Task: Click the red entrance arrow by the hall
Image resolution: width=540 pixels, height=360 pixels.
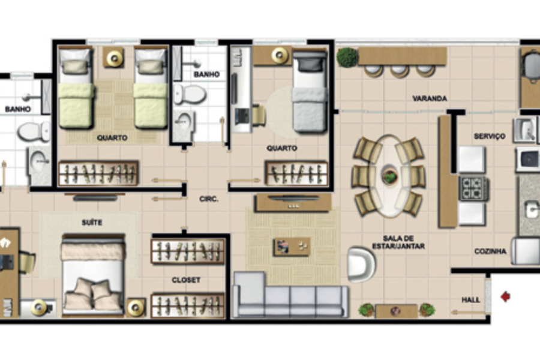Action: pos(506,296)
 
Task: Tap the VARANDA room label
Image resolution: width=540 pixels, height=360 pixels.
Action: pos(430,98)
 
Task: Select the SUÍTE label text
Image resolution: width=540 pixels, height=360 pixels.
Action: pos(92,223)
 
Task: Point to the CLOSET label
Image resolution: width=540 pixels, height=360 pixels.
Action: pos(186,280)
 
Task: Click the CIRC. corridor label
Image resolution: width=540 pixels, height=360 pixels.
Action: pos(209,199)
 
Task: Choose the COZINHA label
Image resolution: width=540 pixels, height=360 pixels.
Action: pos(490,251)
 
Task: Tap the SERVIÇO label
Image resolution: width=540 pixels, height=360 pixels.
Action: pos(490,136)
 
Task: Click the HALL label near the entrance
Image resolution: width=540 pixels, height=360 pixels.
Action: pos(471,300)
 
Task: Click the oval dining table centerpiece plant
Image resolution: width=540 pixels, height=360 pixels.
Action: pos(389,176)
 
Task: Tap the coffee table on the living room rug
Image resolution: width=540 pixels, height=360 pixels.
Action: pos(292,247)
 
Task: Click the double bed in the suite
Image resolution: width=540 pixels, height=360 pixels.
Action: pos(93,275)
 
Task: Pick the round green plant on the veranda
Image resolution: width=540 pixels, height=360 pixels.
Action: pos(347,57)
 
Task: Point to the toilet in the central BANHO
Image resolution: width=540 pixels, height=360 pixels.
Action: pos(189,94)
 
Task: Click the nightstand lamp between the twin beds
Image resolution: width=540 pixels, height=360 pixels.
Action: pos(114,58)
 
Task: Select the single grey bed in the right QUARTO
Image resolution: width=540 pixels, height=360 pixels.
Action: pos(309,91)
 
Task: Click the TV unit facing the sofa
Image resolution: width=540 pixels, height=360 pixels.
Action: pos(293,202)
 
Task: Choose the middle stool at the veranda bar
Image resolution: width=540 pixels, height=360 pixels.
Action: pos(400,71)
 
